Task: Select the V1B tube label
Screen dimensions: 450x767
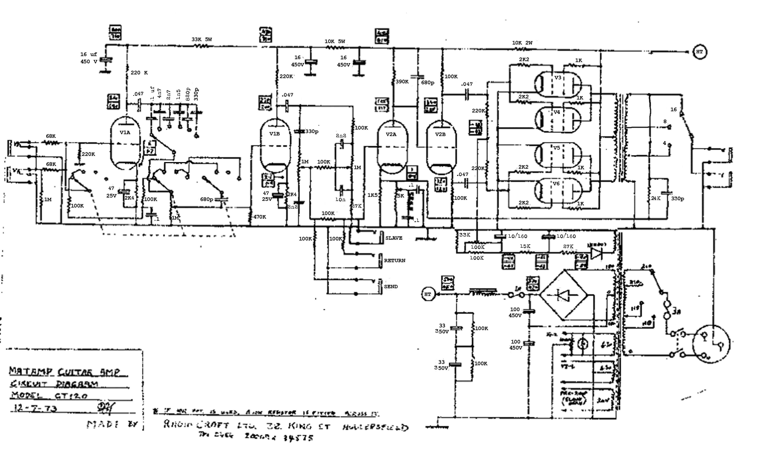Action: tap(274, 134)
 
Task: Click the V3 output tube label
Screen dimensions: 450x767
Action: tap(558, 78)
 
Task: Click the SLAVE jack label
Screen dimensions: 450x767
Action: tap(394, 238)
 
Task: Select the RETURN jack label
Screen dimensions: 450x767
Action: tap(395, 261)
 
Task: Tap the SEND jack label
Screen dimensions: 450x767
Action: tap(391, 287)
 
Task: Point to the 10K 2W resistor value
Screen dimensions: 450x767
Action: tap(522, 43)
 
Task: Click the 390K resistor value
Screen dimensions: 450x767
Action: tap(402, 81)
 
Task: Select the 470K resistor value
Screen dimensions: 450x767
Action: tap(260, 217)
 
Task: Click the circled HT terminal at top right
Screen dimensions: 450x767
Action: tap(700, 52)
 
